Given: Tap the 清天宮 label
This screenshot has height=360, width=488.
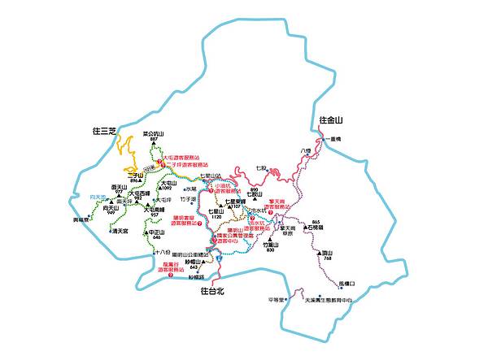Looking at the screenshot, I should click(121, 231).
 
